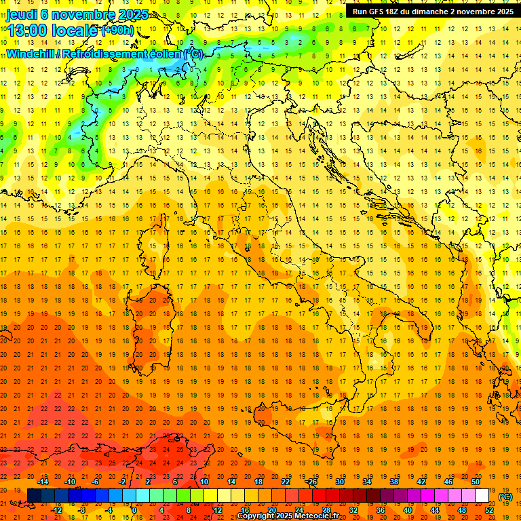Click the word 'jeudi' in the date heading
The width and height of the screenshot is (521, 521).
[22, 14]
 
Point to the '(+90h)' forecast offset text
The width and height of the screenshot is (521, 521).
[117, 31]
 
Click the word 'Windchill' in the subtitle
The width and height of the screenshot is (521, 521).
[29, 54]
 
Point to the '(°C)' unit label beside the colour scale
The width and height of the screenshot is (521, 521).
[505, 497]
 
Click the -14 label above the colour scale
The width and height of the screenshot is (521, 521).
[45, 482]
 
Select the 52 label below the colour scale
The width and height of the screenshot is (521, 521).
[489, 510]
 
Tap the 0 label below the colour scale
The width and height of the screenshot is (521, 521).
[134, 510]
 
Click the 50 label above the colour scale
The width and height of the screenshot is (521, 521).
[476, 482]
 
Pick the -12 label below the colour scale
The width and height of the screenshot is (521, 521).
[57, 510]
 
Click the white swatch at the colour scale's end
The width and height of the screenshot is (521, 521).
[482, 496]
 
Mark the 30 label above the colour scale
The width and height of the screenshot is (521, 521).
[339, 482]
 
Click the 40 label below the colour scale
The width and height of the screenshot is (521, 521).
[407, 510]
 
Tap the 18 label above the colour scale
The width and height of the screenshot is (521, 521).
[258, 482]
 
